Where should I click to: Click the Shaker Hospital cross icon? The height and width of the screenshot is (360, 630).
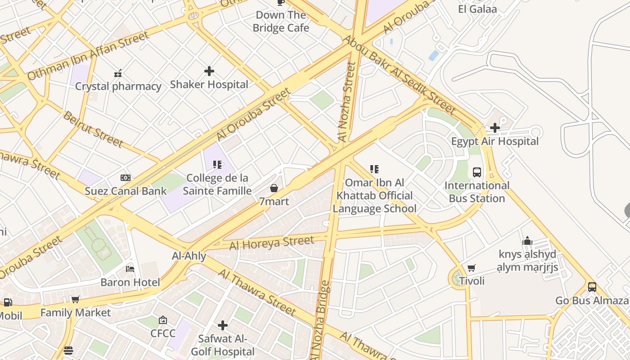tap(209, 71)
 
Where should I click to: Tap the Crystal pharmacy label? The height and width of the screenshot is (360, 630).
tap(118, 86)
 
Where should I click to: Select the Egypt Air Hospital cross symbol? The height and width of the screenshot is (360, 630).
tap(495, 128)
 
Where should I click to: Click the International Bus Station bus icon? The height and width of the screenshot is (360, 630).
tap(477, 172)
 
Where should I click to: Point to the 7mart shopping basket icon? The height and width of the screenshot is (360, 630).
tap(274, 188)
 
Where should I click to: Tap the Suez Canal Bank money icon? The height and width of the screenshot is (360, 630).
tap(126, 178)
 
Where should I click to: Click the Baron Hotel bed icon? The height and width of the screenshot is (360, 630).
tap(130, 269)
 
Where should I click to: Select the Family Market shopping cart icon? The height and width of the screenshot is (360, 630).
tap(76, 299)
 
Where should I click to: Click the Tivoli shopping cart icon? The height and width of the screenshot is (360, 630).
tap(472, 268)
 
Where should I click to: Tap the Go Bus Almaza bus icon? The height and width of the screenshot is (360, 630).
tap(592, 287)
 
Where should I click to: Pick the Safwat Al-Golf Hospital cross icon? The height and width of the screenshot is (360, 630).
tap(223, 325)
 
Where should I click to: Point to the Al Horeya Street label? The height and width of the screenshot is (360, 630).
tap(272, 243)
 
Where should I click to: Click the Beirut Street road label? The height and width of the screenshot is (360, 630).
tap(93, 129)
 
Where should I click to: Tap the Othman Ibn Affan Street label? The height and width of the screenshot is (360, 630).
tap(88, 56)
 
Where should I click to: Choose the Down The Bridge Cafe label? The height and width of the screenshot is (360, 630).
tap(281, 21)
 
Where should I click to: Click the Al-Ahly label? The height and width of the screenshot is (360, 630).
tap(189, 256)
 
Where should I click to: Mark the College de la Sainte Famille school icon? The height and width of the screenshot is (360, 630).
tap(217, 165)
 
